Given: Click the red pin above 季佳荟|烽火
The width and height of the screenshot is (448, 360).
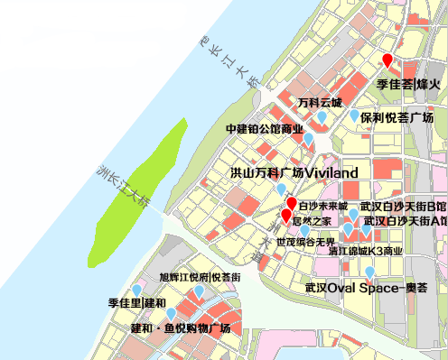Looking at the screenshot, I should click(x=387, y=61).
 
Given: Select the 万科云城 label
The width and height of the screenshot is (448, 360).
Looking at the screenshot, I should click(x=321, y=102).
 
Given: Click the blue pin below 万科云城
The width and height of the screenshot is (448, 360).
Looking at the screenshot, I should click(x=322, y=117).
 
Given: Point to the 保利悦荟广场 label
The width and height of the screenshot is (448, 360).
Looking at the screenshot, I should click(x=397, y=118).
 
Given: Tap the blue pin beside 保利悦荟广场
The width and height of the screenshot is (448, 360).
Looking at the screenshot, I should click(x=353, y=116).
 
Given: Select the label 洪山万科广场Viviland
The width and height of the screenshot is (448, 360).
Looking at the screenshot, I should click(x=295, y=171).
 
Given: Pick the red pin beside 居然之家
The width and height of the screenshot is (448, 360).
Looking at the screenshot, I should click(x=286, y=217).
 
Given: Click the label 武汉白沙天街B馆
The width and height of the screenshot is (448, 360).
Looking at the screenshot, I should click(x=403, y=207).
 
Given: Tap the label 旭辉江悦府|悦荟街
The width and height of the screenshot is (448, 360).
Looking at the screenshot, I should click(x=200, y=277).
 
